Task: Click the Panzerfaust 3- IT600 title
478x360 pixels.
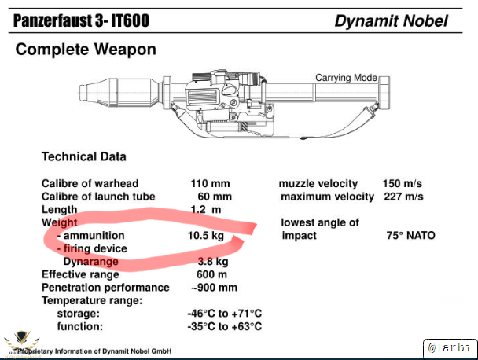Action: tap(82, 20)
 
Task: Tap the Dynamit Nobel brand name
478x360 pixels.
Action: tap(391, 21)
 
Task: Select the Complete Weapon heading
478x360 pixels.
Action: tap(86, 50)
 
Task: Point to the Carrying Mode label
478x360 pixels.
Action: tap(346, 78)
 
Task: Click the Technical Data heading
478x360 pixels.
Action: tap(84, 156)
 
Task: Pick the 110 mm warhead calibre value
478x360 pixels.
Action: tap(211, 183)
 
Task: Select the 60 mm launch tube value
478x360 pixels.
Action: tap(215, 197)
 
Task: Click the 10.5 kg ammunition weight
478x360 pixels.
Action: tap(206, 236)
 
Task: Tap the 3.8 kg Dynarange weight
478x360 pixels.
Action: tap(213, 262)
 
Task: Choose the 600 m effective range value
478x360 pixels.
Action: tap(211, 274)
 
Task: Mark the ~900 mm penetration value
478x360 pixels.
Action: tap(214, 288)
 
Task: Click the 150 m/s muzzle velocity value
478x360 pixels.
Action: tap(403, 183)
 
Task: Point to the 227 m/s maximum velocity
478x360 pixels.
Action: tap(403, 197)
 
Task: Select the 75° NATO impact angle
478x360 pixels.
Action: tap(410, 236)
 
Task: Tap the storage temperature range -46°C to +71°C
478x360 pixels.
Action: tap(225, 314)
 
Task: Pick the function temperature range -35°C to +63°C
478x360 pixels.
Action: tap(225, 326)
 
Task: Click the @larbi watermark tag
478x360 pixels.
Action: tap(450, 347)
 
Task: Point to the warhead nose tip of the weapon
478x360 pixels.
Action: tap(80, 93)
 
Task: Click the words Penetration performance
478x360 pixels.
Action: tap(105, 288)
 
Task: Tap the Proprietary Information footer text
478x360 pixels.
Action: tap(94, 351)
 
